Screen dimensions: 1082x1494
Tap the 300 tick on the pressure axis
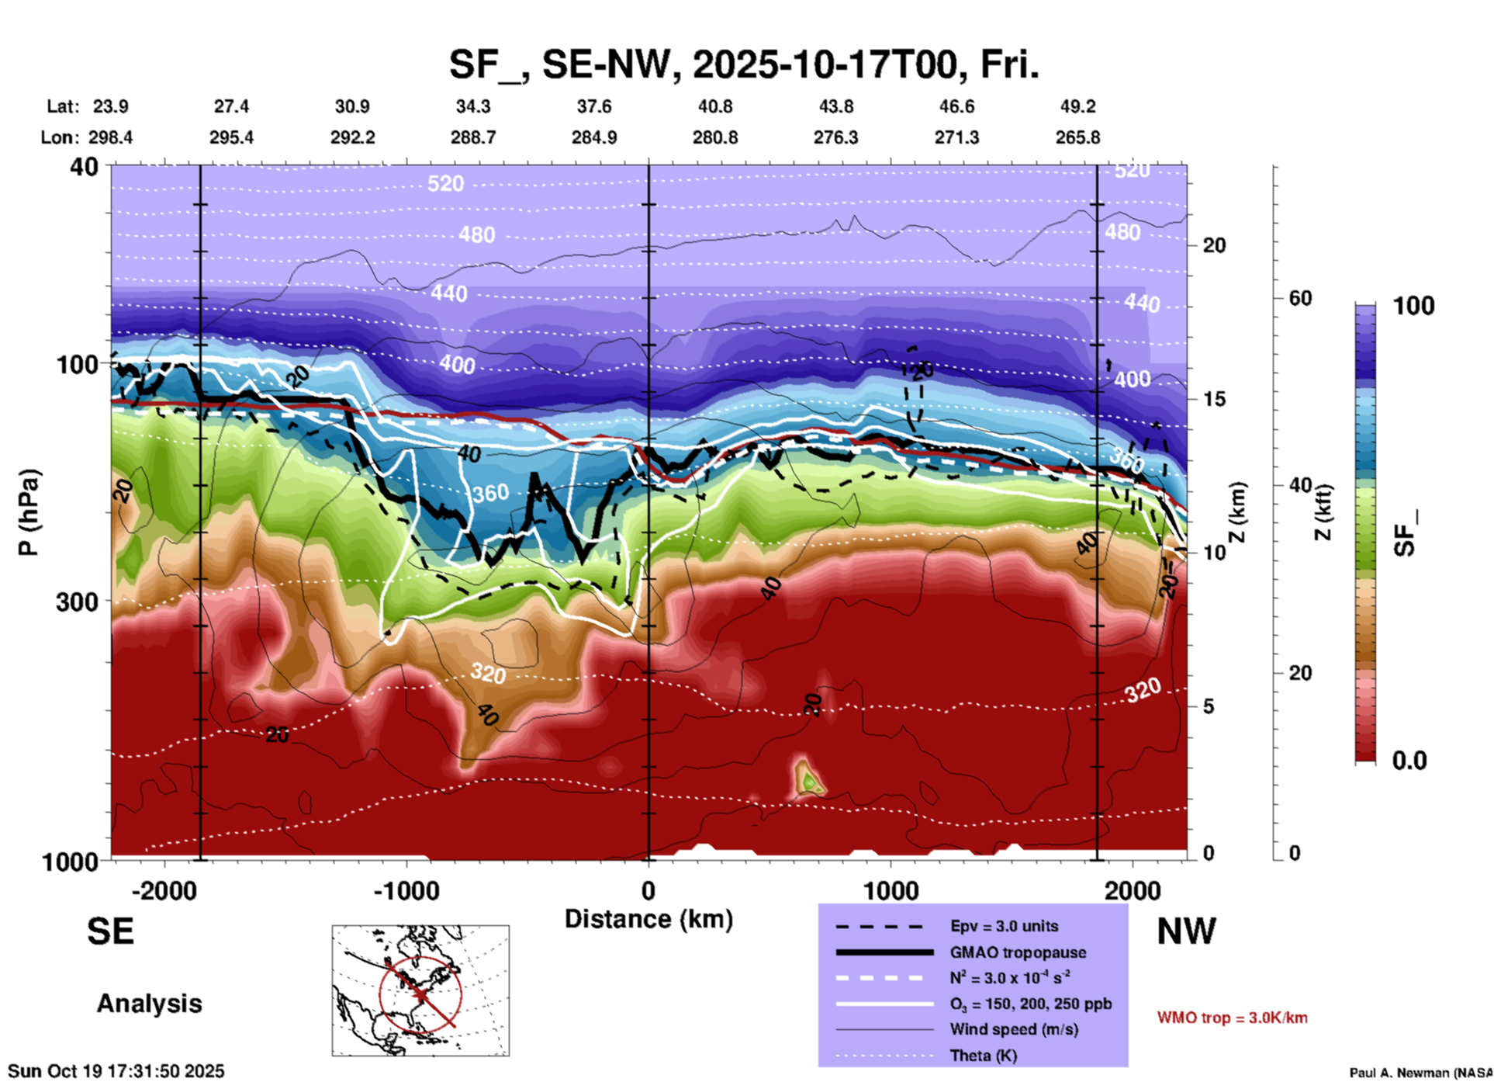77,602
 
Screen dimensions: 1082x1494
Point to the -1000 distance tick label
406,891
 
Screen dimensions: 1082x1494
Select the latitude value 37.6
594,106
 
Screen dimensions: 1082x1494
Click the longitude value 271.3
956,137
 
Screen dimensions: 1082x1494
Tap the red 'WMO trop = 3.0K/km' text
1232,1018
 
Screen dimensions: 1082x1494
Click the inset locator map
420,990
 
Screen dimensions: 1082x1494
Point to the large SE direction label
110,931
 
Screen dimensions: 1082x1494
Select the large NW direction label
1186,931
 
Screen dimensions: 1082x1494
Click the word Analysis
149,1004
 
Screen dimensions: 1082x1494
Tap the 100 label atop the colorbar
1413,306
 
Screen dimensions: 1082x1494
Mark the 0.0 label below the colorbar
1409,761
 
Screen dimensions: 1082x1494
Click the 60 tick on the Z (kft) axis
1300,298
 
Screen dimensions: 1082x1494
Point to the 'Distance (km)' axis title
648,919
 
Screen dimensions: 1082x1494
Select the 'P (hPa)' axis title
29,512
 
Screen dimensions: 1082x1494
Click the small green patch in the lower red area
809,780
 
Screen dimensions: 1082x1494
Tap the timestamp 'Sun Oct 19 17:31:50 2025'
116,1071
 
